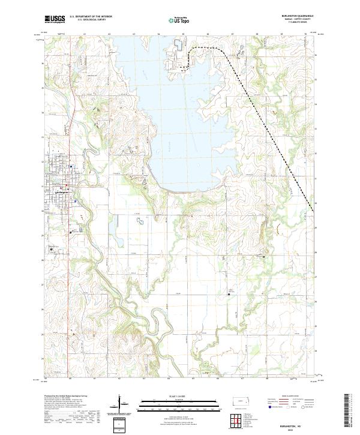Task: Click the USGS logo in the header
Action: [55, 20]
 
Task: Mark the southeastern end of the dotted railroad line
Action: [314, 211]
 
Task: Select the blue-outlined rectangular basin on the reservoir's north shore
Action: [178, 45]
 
